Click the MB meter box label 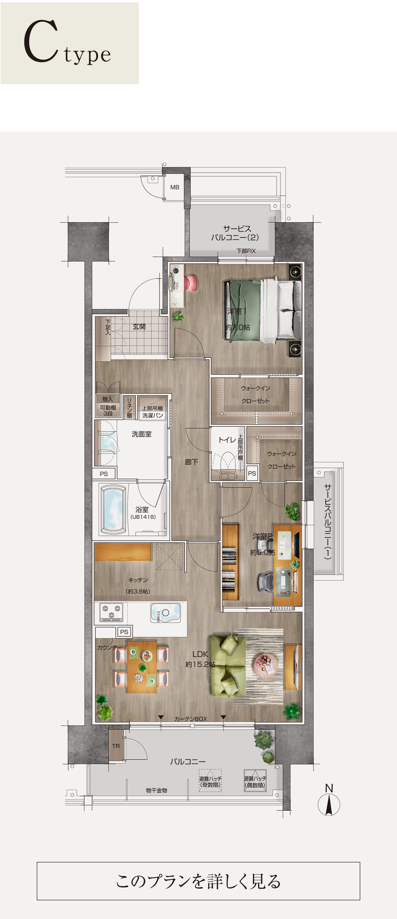click(x=175, y=187)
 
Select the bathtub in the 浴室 click(x=113, y=509)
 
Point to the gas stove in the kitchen click(x=111, y=612)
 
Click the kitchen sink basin click(x=165, y=613)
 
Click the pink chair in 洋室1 click(x=191, y=282)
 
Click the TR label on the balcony click(x=116, y=746)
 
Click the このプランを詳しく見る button click(x=198, y=881)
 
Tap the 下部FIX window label click(x=246, y=251)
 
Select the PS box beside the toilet click(x=252, y=473)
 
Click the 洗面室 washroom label click(x=142, y=434)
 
